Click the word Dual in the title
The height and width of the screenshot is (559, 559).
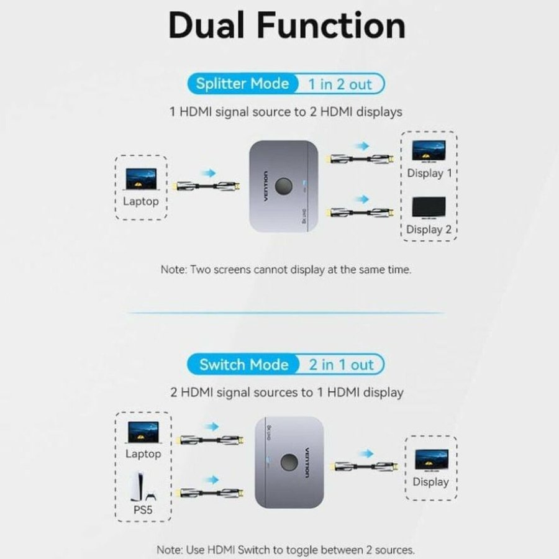tap(209, 25)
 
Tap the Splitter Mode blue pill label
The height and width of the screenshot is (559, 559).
tap(242, 84)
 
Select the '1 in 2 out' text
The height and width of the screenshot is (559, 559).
tap(339, 84)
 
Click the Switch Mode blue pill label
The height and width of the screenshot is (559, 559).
tap(243, 365)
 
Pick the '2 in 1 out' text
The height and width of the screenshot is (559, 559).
tap(341, 365)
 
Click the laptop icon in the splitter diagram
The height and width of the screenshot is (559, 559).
tap(141, 178)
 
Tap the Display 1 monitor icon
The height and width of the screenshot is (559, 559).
tap(429, 151)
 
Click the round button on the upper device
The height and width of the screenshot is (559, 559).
tap(283, 186)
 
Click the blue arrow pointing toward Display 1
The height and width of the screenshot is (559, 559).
tap(360, 145)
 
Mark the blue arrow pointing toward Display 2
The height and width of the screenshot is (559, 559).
tap(360, 199)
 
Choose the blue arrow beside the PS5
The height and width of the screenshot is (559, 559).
tap(212, 479)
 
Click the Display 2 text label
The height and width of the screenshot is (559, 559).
tap(429, 230)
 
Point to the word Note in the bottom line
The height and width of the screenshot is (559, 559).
tap(169, 550)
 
